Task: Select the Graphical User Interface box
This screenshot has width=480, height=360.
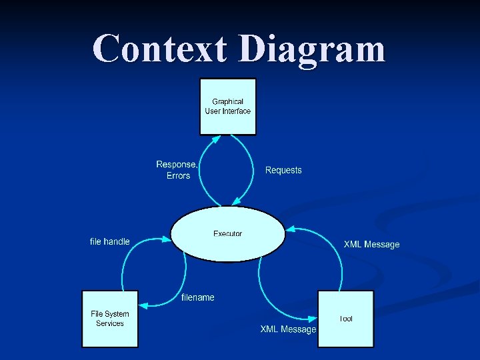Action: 228,107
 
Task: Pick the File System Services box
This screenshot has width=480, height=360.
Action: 110,319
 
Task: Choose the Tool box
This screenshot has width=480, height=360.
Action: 345,319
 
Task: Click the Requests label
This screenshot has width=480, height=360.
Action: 283,170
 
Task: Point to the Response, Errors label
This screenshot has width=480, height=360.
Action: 177,170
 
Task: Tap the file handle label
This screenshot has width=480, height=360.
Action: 110,241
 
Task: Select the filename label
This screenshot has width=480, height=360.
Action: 198,297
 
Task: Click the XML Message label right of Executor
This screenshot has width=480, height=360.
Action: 371,245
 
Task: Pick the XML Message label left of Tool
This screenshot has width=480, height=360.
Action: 288,329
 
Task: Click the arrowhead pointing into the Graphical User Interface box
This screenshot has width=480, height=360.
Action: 215,138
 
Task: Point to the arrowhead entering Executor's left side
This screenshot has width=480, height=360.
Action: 167,237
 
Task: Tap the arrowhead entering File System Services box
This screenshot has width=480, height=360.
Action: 143,305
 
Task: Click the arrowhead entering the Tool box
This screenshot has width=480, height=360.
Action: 313,318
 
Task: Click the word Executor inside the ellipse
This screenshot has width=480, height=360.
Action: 228,233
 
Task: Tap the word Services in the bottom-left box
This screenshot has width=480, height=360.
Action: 110,323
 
